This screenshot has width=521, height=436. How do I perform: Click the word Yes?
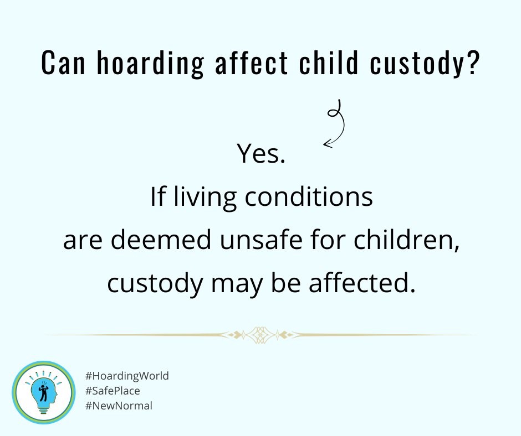point(260,154)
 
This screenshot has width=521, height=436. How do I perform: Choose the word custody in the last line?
point(157,284)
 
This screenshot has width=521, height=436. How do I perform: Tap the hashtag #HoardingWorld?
point(127,376)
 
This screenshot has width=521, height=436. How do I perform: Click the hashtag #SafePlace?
point(113,391)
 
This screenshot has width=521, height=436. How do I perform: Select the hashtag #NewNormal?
point(119,406)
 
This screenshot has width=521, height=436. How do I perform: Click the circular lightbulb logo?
point(44,392)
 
